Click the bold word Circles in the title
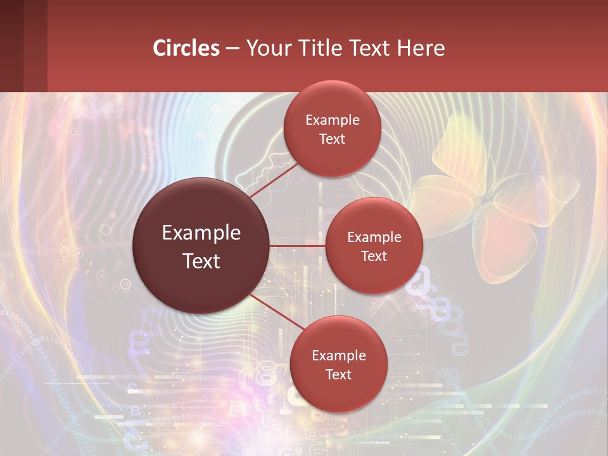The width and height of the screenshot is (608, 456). [186, 48]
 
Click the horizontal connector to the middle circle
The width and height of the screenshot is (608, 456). [298, 246]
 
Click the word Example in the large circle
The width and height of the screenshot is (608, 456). [201, 233]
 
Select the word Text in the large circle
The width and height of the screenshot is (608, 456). [201, 261]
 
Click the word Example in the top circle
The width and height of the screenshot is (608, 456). [332, 120]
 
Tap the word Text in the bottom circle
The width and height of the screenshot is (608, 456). [338, 374]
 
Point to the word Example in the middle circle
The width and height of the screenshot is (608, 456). [374, 237]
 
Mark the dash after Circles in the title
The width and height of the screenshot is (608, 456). [232, 49]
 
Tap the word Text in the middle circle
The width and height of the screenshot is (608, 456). [374, 256]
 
